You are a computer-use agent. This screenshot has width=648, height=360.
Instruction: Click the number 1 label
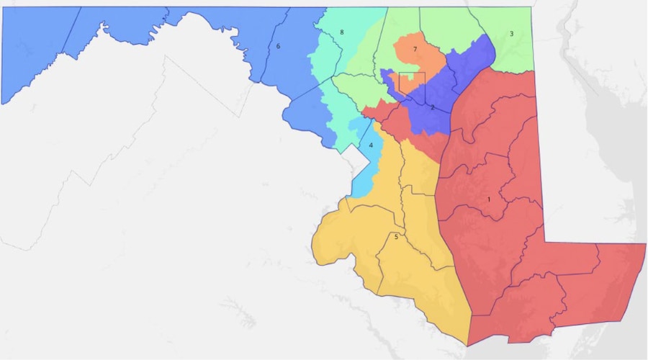[x=490, y=199]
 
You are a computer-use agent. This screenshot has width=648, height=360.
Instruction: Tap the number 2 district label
[x=432, y=108]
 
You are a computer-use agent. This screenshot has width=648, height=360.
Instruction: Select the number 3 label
[x=511, y=34]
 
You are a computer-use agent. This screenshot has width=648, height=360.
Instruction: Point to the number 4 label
[x=371, y=145]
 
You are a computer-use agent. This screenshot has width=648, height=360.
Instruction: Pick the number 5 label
[x=396, y=237]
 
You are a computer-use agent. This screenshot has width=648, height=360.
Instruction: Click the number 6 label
[x=278, y=47]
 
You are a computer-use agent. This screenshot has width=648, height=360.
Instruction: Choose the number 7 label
[x=415, y=49]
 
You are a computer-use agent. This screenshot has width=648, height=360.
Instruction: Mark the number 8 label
[x=341, y=32]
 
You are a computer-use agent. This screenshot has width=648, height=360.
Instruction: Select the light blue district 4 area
[x=364, y=173]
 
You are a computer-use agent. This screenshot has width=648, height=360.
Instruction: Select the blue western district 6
[x=144, y=36]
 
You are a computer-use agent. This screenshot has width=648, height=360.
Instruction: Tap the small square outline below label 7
[x=412, y=82]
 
